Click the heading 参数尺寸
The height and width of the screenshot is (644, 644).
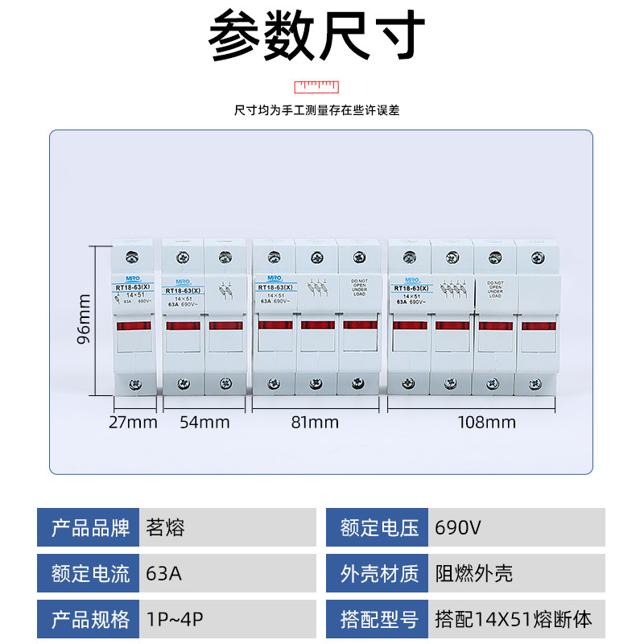click(x=316, y=38)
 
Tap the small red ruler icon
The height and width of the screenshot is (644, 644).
click(x=317, y=85)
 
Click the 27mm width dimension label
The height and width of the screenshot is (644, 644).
click(x=134, y=422)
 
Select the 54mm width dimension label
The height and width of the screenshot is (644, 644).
click(x=204, y=422)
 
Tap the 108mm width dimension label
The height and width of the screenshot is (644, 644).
click(x=487, y=422)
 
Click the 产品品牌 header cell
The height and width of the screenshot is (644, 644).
click(x=89, y=528)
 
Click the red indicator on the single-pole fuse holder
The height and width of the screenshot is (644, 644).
click(x=134, y=325)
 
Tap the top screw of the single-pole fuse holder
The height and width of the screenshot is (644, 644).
click(x=134, y=257)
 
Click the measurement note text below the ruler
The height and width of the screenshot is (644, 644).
click(x=316, y=110)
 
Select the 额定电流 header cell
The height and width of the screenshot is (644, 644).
click(x=89, y=574)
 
